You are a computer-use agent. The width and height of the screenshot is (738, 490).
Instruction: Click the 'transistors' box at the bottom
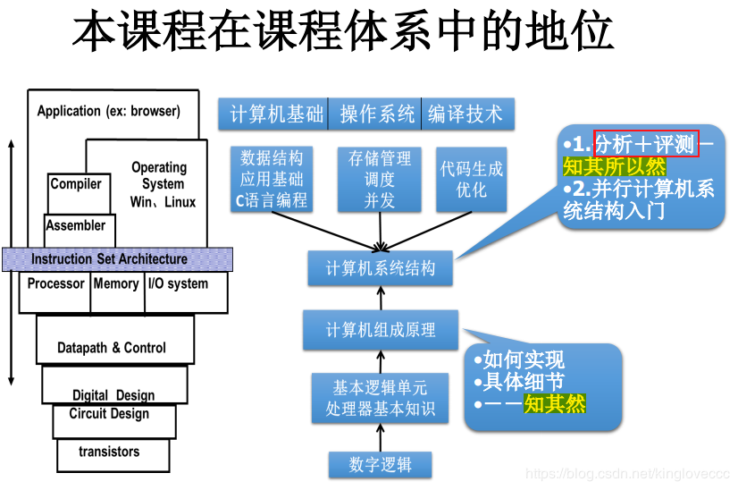click(110, 452)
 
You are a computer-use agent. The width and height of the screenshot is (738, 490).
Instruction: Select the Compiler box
click(76, 185)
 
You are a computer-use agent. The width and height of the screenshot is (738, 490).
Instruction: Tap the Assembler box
click(75, 226)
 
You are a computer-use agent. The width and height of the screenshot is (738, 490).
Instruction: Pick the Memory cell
click(116, 284)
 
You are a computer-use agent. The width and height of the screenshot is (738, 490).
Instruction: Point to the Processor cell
click(55, 284)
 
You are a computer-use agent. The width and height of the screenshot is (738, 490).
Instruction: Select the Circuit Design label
click(109, 414)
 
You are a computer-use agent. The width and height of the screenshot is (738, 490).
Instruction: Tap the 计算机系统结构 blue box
click(381, 268)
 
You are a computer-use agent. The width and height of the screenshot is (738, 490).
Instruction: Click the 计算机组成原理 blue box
click(381, 330)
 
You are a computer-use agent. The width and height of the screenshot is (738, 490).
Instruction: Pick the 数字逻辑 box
click(381, 465)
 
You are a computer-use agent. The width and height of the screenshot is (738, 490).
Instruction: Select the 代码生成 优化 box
click(471, 179)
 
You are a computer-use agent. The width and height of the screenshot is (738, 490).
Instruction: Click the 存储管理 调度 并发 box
click(380, 179)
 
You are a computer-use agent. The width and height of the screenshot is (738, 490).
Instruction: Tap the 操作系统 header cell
click(376, 114)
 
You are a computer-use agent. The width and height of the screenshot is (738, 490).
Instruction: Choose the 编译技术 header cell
click(465, 114)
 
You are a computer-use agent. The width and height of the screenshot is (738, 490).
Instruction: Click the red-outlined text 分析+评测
click(646, 144)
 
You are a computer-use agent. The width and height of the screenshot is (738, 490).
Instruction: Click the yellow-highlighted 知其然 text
click(554, 404)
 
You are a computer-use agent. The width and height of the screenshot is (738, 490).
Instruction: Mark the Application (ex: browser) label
click(108, 112)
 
